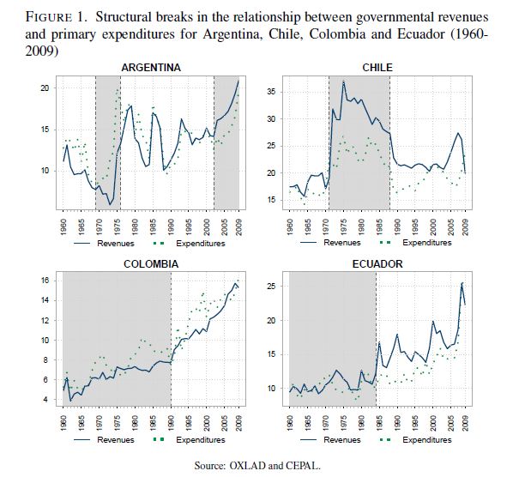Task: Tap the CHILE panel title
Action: coord(378,67)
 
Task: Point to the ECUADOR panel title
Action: coord(377,263)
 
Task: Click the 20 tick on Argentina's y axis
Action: coord(45,88)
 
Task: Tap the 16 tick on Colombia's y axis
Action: coord(45,281)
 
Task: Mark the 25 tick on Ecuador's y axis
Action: coord(274,285)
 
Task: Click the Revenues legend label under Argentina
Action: coord(114,243)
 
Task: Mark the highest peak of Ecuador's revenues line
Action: coord(463,282)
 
